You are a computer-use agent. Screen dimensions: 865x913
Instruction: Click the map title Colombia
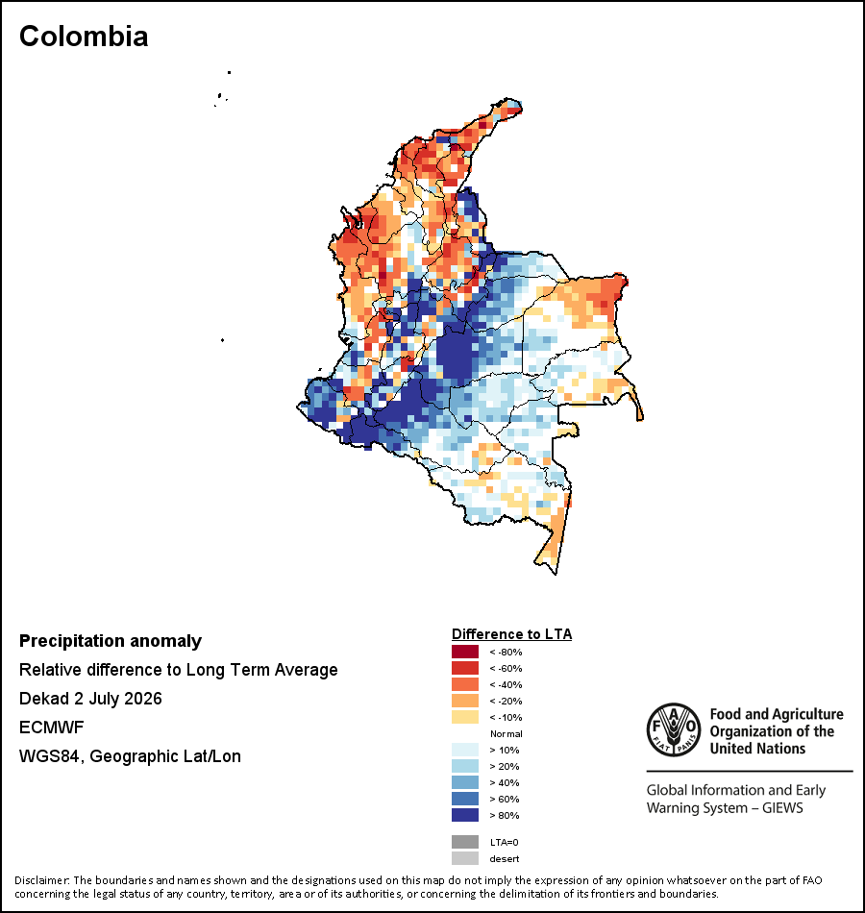coord(84,37)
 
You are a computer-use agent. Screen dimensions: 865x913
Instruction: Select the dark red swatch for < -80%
coord(465,652)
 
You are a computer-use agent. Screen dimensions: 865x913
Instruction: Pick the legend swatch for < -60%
coord(465,668)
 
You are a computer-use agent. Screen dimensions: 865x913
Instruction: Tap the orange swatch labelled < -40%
coord(465,684)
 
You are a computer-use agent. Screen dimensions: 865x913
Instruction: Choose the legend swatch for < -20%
coord(465,701)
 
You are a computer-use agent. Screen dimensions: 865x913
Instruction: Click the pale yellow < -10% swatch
coord(465,717)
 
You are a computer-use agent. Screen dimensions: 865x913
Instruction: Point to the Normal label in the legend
coord(507,733)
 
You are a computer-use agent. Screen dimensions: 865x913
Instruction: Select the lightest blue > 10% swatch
coord(465,750)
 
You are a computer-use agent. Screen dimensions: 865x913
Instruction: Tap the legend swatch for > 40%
coord(465,782)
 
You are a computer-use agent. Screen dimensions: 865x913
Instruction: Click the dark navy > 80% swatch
coord(465,815)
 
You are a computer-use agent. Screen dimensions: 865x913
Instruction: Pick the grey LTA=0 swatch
coord(465,842)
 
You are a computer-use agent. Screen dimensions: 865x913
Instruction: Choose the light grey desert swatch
coord(465,858)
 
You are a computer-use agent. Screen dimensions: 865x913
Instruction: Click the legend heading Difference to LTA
coord(511,634)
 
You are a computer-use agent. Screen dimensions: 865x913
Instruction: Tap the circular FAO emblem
coord(674,729)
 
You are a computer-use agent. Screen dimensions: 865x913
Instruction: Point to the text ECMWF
coord(51,728)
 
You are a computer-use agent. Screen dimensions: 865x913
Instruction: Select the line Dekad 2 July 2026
coord(90,699)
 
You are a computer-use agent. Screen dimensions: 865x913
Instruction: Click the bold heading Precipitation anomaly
coord(111,641)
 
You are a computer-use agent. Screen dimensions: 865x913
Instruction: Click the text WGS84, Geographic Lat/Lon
coord(130,756)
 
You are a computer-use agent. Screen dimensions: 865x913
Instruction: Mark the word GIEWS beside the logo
coord(782,808)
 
